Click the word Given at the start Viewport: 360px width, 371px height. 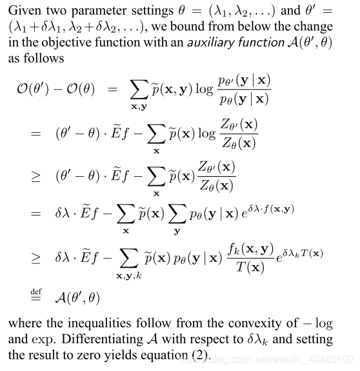pos(25,12)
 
